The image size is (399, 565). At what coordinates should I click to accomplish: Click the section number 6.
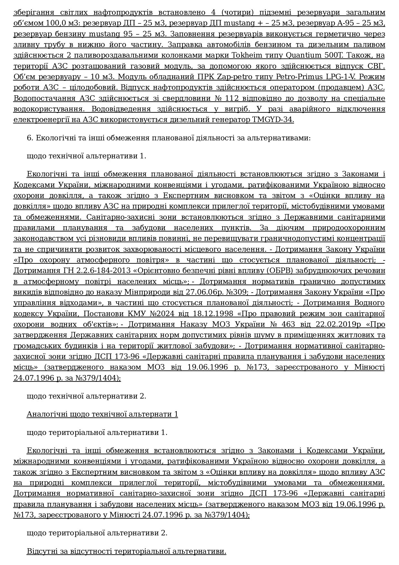[30, 138]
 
